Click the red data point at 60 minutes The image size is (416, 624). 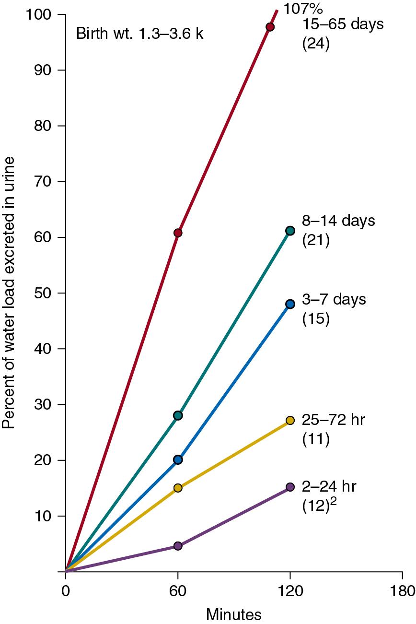pyautogui.click(x=178, y=233)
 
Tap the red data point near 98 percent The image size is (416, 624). pyautogui.click(x=270, y=27)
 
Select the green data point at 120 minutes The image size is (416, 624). pyautogui.click(x=290, y=231)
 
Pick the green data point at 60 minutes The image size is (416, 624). pyautogui.click(x=178, y=415)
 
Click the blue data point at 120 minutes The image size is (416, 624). pyautogui.click(x=290, y=304)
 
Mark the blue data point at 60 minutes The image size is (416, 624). pyautogui.click(x=178, y=459)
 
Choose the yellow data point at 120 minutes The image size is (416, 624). pyautogui.click(x=290, y=420)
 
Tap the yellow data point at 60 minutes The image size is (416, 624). pyautogui.click(x=178, y=488)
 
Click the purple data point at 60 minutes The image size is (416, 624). pyautogui.click(x=178, y=546)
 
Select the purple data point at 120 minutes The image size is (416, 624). pyautogui.click(x=290, y=487)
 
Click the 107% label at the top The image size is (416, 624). pyautogui.click(x=300, y=9)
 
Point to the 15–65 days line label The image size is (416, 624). pyautogui.click(x=343, y=24)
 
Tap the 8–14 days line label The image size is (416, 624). pyautogui.click(x=338, y=222)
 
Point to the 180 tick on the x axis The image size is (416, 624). pyautogui.click(x=402, y=589)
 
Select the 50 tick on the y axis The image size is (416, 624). pyautogui.click(x=45, y=293)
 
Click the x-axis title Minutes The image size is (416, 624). pyautogui.click(x=234, y=614)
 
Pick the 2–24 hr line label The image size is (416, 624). pyautogui.click(x=329, y=486)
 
